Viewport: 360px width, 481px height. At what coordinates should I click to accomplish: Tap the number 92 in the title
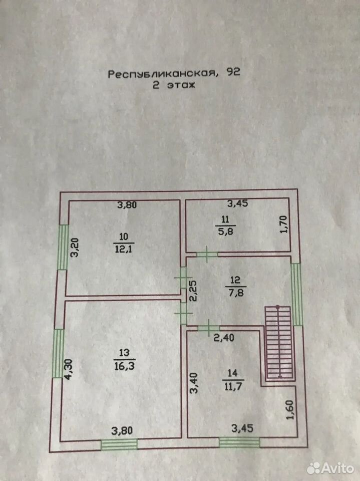233,72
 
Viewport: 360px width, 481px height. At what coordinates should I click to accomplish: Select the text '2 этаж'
174,85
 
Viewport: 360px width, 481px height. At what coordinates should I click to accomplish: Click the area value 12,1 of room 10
124,249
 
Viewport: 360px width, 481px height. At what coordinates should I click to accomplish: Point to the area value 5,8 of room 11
225,231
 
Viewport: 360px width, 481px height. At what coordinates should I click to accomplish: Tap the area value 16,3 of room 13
124,365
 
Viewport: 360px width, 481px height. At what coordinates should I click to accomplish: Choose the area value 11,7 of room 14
233,386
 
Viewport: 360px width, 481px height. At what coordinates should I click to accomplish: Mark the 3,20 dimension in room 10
75,247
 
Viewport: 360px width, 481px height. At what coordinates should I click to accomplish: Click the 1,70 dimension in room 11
284,224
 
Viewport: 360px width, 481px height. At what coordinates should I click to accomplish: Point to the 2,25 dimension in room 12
194,291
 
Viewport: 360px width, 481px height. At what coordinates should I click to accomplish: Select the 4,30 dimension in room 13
68,369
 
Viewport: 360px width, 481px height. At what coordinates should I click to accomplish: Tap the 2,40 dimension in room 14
224,338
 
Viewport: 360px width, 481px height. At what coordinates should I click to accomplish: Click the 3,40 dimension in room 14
194,383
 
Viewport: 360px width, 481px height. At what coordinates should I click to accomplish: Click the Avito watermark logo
330,468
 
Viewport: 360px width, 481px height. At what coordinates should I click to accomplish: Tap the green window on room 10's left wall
64,247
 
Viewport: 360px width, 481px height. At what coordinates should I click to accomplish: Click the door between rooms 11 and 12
207,255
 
